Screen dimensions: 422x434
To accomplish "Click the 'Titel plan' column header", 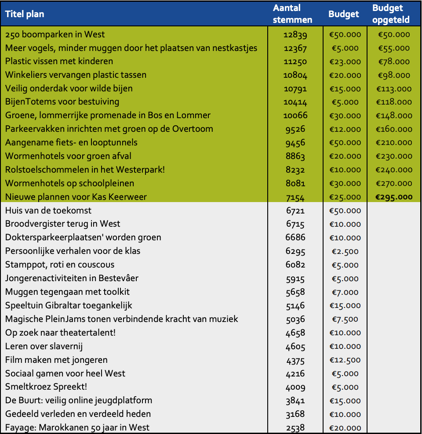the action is click(25, 14).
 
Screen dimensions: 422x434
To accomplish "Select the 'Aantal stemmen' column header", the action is click(292, 14).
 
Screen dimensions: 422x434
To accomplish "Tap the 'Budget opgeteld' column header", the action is click(391, 14).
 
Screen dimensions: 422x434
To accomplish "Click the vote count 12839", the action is click(295, 35).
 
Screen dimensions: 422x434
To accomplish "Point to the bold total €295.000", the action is click(394, 197).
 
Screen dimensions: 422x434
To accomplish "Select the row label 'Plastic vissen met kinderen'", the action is click(59, 61).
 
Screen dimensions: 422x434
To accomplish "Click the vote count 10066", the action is click(295, 116).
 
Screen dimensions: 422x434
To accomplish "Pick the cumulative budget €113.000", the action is click(394, 89).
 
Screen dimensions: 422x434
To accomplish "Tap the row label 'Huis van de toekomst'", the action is click(48, 210).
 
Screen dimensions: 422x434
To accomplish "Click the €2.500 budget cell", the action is click(345, 251).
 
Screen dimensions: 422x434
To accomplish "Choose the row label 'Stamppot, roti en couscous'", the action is click(59, 264).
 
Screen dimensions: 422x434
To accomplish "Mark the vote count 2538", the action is click(295, 428).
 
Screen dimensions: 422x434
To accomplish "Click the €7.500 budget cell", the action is click(345, 319).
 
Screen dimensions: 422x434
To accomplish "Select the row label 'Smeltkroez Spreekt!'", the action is click(46, 387).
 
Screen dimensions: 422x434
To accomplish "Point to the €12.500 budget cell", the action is click(345, 360).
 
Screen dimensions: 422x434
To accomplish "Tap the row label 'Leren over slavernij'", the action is click(44, 346).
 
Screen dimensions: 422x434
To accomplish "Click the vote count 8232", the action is click(295, 170).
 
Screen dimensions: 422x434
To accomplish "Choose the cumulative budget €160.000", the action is click(394, 129).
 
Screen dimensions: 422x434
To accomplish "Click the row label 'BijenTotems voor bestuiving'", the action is click(62, 102).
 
